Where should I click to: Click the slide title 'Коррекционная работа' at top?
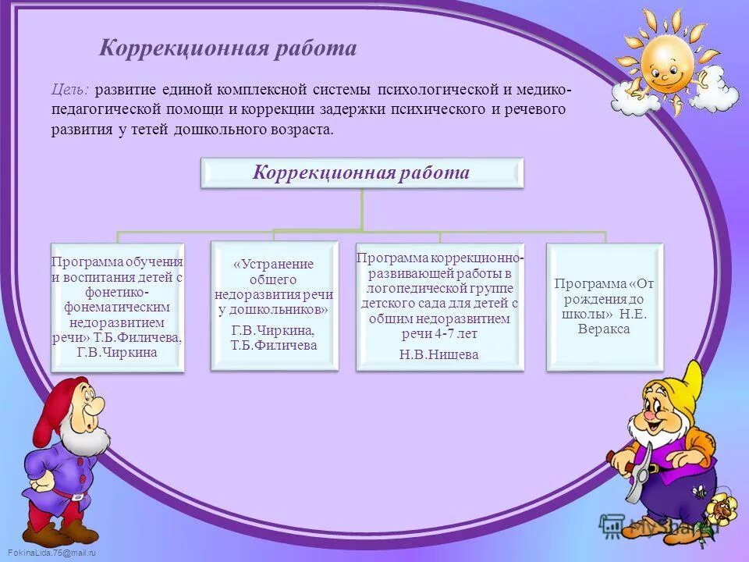[x=228, y=48]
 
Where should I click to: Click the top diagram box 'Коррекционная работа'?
[x=361, y=173]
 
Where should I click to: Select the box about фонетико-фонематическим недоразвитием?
[x=117, y=306]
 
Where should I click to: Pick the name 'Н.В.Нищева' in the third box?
[x=438, y=354]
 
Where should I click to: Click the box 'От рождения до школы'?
[x=605, y=306]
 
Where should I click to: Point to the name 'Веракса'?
[x=605, y=329]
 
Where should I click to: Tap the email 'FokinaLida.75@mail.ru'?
[x=48, y=553]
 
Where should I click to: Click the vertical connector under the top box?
[x=361, y=208]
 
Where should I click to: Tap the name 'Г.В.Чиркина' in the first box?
[x=117, y=352]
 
